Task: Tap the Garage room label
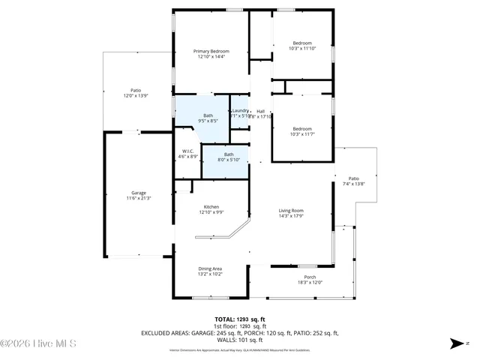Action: (x=139, y=193)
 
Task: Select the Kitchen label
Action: (x=211, y=207)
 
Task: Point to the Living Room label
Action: (x=291, y=211)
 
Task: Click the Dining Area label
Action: (x=210, y=269)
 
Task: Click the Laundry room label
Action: (x=240, y=111)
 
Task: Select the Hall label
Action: (x=260, y=111)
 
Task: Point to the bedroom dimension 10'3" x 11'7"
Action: (x=301, y=133)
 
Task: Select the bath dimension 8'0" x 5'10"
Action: (x=228, y=160)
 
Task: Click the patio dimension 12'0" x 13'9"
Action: (x=136, y=95)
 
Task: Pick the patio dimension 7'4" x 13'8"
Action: (x=353, y=184)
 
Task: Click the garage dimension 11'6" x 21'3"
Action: (x=139, y=198)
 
